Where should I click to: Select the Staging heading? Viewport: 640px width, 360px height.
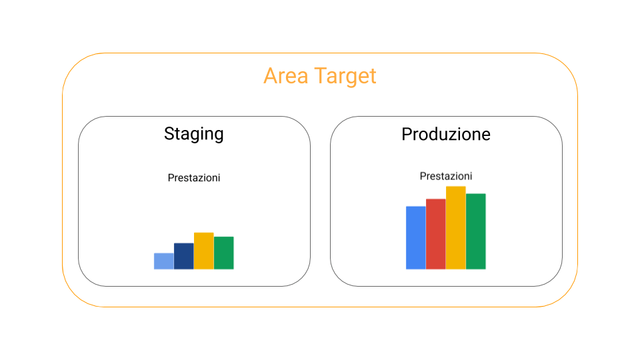(x=193, y=134)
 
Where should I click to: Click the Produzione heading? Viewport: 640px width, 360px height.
(x=445, y=134)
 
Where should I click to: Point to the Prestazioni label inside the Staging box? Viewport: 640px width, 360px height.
(x=193, y=178)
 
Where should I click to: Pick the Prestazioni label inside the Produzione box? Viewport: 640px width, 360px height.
(x=445, y=176)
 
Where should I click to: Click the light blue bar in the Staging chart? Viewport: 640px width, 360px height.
(x=163, y=261)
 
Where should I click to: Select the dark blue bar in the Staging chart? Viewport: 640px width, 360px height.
(x=183, y=256)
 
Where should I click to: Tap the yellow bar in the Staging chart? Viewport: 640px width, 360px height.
(x=203, y=251)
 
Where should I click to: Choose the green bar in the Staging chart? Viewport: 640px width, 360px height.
(x=223, y=253)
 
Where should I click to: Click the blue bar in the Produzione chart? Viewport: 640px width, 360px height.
(x=415, y=237)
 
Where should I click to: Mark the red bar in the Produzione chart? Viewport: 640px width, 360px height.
(x=435, y=234)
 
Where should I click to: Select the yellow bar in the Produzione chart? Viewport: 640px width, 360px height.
(x=455, y=227)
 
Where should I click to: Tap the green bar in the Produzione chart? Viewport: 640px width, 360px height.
(x=475, y=231)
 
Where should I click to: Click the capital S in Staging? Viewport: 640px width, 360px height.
(x=169, y=134)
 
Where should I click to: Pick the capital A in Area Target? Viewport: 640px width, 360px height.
(x=271, y=76)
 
